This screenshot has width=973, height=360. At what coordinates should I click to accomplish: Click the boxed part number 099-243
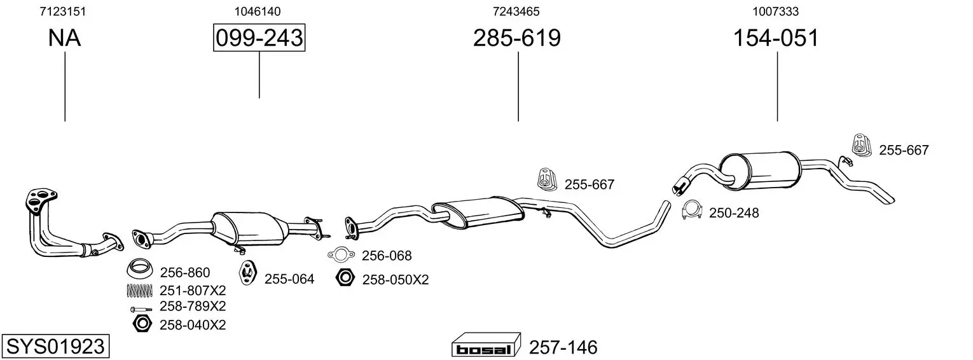[259, 38]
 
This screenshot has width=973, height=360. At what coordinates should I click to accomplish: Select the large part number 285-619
[517, 38]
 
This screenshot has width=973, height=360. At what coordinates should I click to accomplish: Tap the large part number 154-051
[776, 38]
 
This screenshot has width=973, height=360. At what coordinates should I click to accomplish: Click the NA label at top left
[64, 38]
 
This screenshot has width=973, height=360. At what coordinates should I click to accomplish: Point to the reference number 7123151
[63, 11]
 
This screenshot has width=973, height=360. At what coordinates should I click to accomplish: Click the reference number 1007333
[776, 11]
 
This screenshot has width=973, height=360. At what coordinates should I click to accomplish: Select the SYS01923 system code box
[55, 346]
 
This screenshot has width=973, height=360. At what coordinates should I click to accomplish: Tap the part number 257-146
[563, 347]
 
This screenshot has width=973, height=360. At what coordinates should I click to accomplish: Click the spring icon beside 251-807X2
[140, 291]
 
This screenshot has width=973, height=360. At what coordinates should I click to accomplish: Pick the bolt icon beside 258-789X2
[141, 310]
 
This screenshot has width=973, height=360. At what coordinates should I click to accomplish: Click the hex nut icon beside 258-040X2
[142, 324]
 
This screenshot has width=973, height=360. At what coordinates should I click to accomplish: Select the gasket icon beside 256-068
[342, 255]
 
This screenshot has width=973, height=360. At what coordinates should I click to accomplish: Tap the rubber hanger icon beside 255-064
[247, 273]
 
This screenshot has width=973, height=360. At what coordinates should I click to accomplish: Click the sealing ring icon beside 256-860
[139, 269]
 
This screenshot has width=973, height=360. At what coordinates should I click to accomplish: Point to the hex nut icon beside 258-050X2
[345, 277]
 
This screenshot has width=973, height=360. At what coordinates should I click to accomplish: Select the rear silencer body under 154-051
[760, 170]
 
